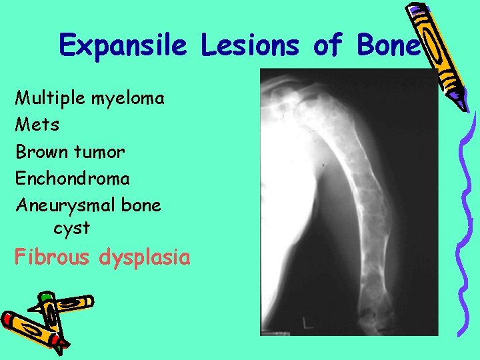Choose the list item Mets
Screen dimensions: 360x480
(37, 125)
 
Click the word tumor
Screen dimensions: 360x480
(101, 152)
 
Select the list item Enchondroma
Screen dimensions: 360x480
(73, 179)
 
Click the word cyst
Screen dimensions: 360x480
(71, 229)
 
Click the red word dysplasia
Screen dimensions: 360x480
(144, 258)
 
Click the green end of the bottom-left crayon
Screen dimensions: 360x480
(45, 297)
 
